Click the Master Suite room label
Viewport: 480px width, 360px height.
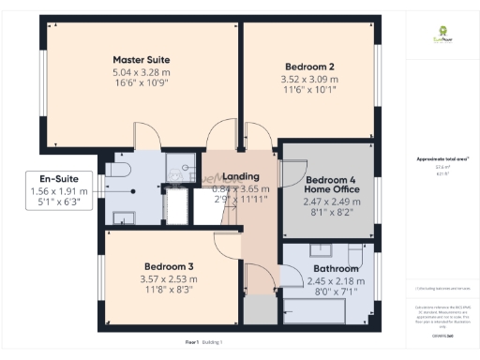(141, 60)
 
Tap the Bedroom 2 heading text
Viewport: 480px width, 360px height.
(310, 67)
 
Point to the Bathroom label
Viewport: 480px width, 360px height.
(323, 269)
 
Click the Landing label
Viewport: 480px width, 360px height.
(240, 177)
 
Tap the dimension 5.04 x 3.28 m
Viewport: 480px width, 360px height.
(141, 72)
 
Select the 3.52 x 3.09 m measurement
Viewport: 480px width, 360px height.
(310, 80)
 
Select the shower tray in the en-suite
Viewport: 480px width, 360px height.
(178, 166)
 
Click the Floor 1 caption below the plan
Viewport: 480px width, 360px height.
(195, 344)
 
